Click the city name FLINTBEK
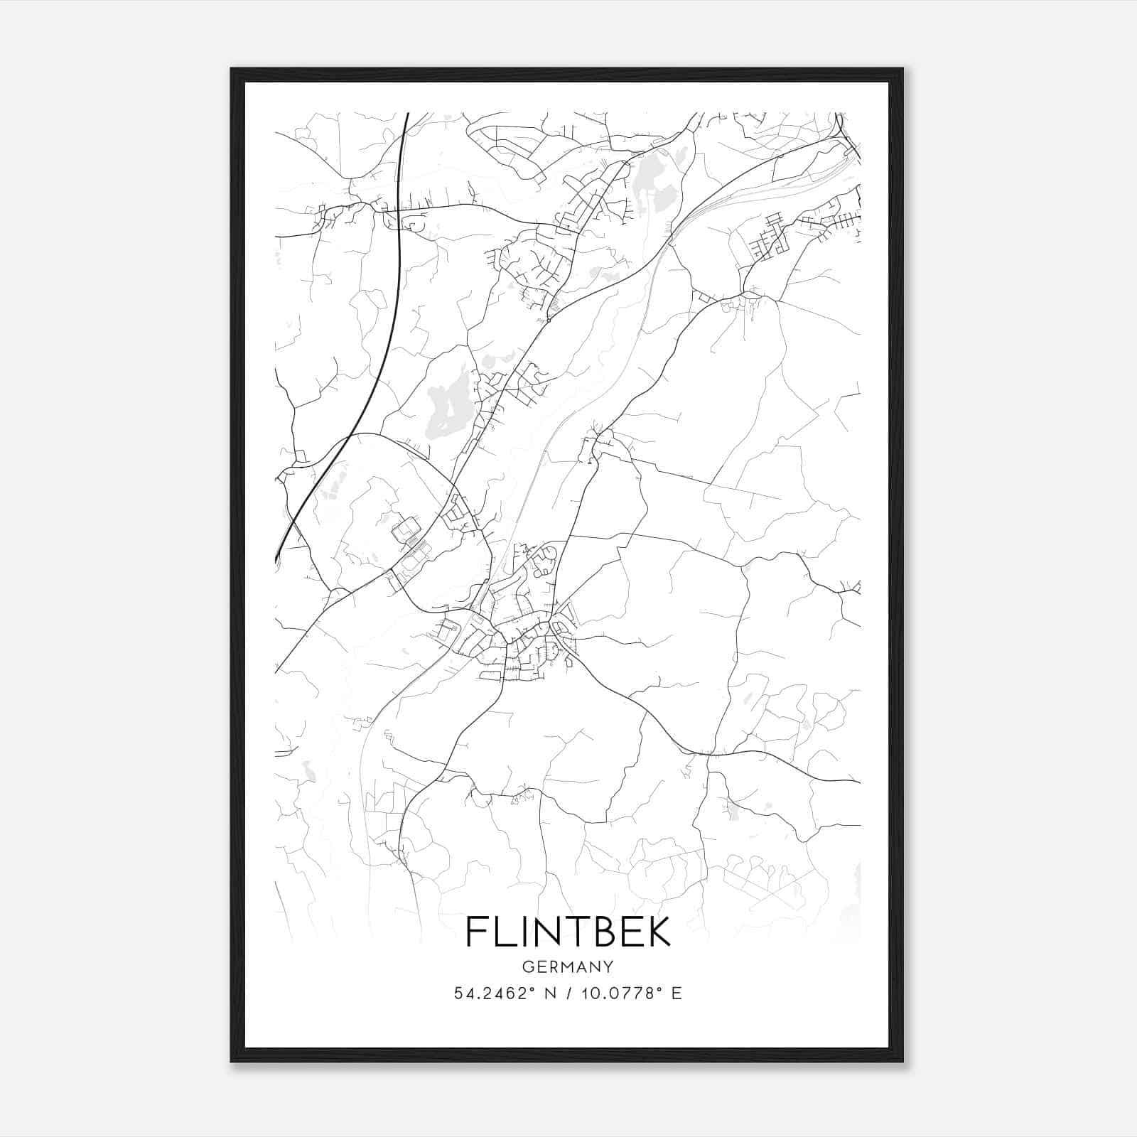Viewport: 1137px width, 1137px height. click(568, 932)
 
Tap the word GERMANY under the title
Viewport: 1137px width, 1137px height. click(568, 966)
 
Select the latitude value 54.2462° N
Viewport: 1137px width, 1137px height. click(504, 993)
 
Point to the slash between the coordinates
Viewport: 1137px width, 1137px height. click(568, 993)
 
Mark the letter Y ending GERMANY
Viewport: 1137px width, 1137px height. click(608, 966)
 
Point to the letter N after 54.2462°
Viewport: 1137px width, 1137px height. click(549, 993)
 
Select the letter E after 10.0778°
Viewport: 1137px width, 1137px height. click(677, 993)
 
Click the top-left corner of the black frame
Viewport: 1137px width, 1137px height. click(232, 69)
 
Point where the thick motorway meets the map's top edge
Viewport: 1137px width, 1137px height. click(407, 114)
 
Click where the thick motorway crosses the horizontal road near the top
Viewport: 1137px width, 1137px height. click(399, 210)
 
